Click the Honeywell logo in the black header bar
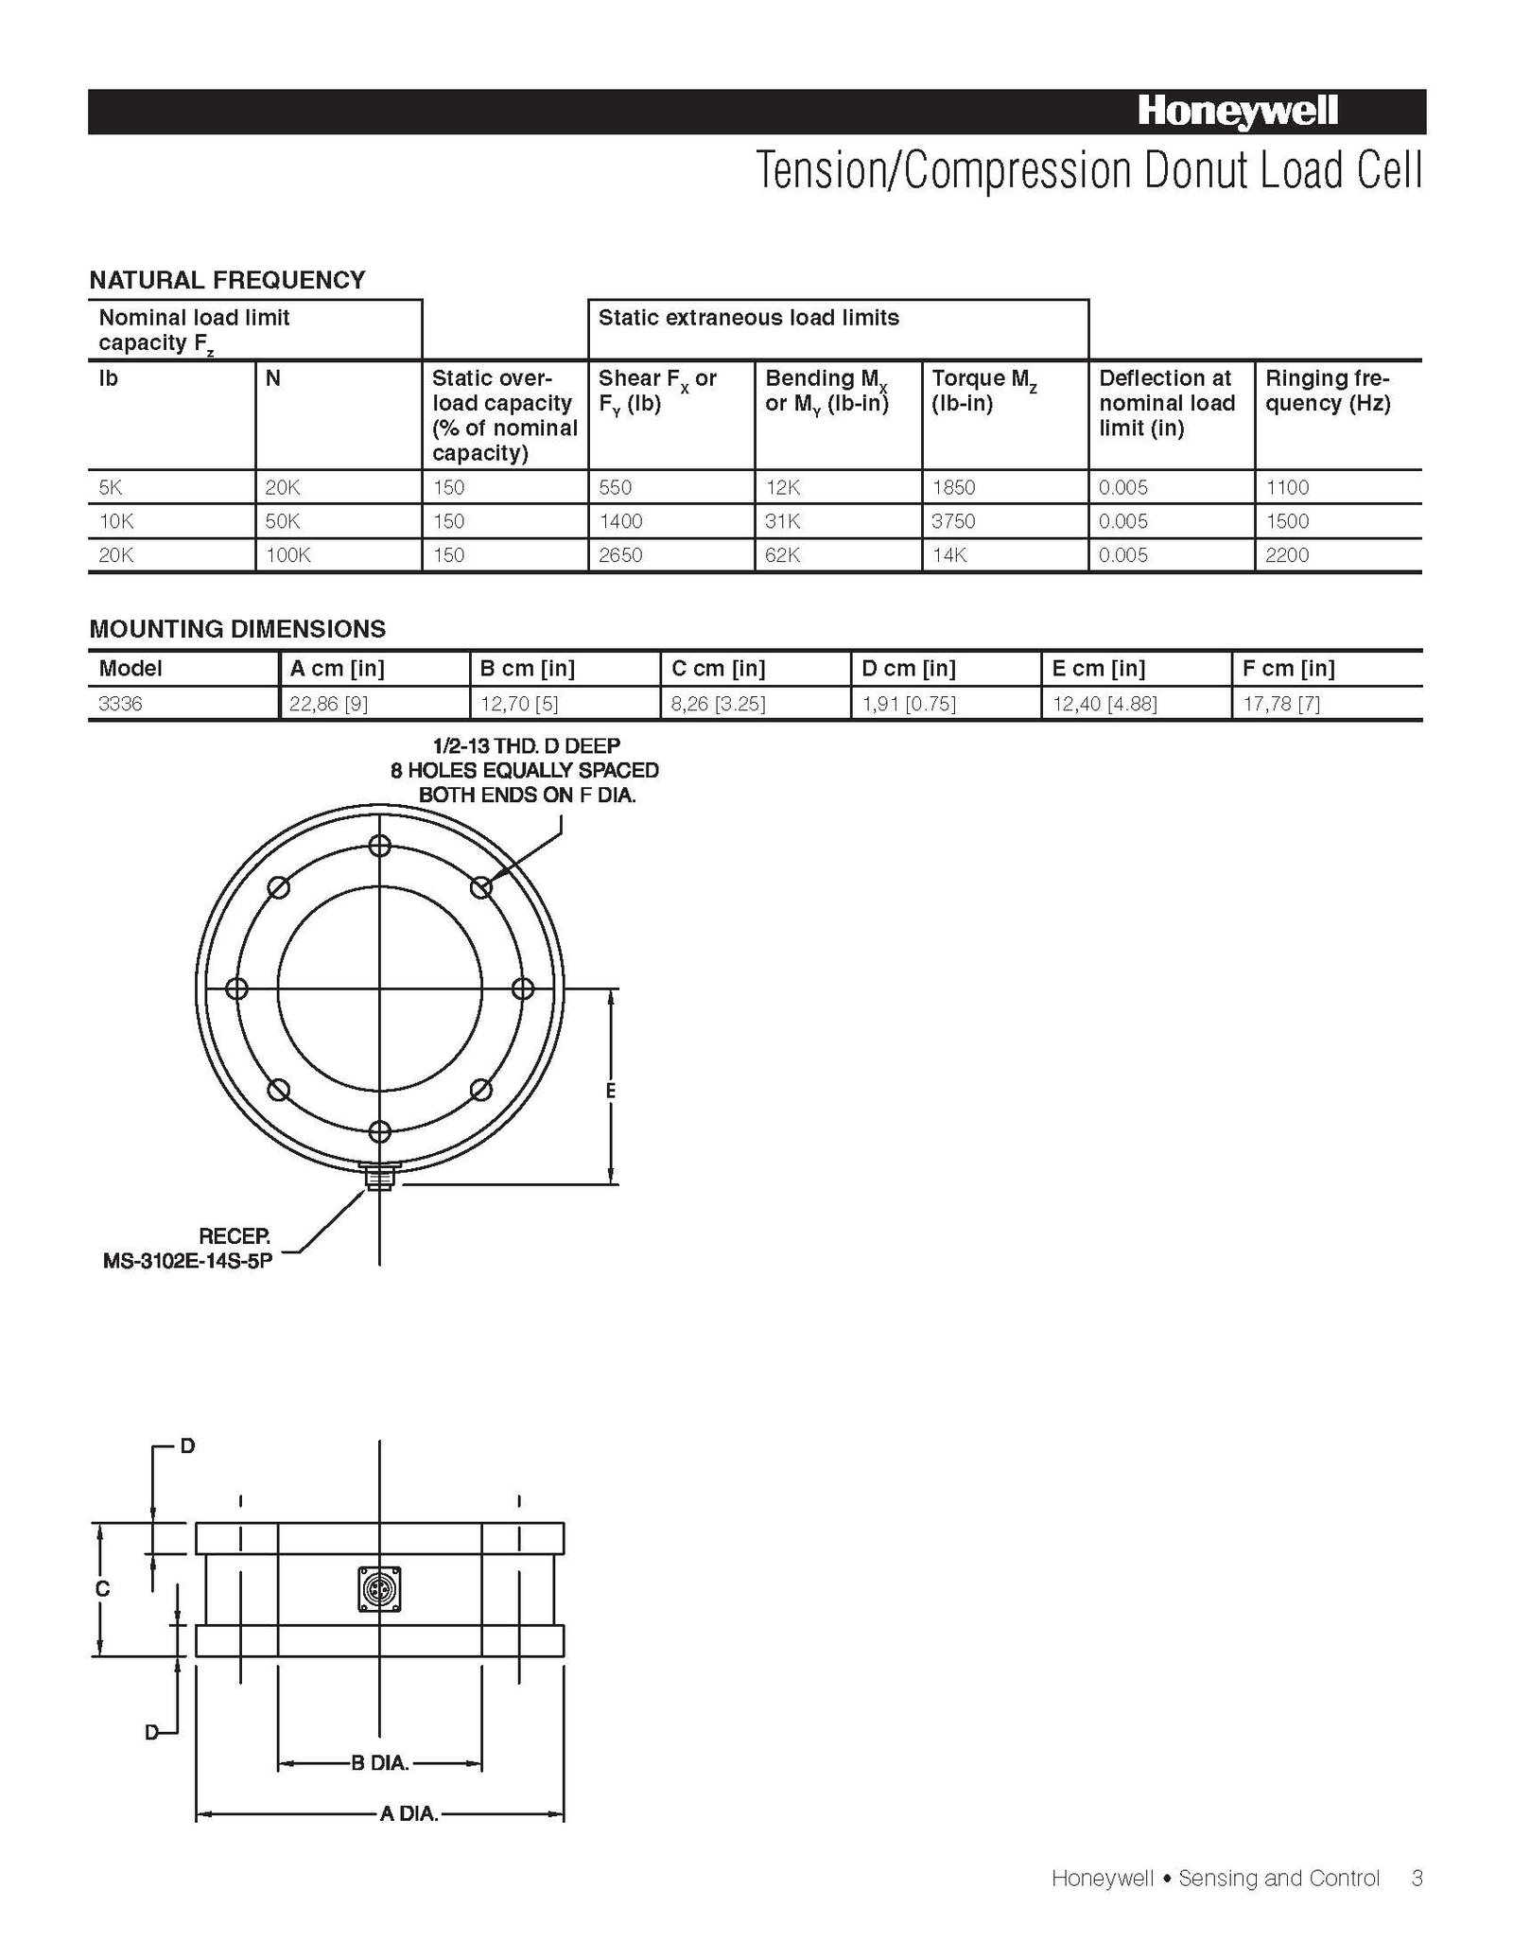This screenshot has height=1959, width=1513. pyautogui.click(x=1237, y=113)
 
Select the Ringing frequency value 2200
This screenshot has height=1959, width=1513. pyautogui.click(x=1287, y=555)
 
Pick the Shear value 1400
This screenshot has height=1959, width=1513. pyautogui.click(x=620, y=521)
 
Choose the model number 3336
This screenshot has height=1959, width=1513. pyautogui.click(x=120, y=704)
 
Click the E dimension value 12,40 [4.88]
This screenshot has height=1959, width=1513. pyautogui.click(x=1104, y=704)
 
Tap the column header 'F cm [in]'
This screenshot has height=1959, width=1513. pyautogui.click(x=1288, y=669)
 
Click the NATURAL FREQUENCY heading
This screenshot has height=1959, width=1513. pyautogui.click(x=227, y=280)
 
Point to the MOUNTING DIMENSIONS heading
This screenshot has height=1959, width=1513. pyautogui.click(x=237, y=629)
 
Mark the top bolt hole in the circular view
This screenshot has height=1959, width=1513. pyautogui.click(x=379, y=846)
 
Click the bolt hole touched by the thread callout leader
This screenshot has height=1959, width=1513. pyautogui.click(x=480, y=887)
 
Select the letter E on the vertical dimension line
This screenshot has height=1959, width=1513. pyautogui.click(x=611, y=1091)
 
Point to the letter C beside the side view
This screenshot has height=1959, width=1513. pyautogui.click(x=103, y=1590)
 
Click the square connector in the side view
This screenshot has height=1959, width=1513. pyautogui.click(x=379, y=1589)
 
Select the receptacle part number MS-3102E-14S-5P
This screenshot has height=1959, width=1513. pyautogui.click(x=187, y=1261)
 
